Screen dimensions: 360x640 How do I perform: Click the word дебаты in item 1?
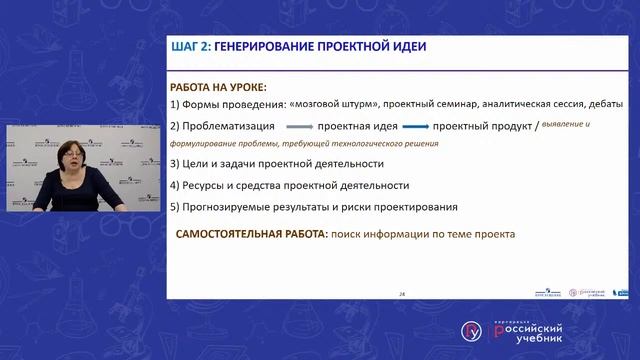tap(604, 104)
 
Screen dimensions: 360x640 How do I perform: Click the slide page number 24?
tap(401, 294)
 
